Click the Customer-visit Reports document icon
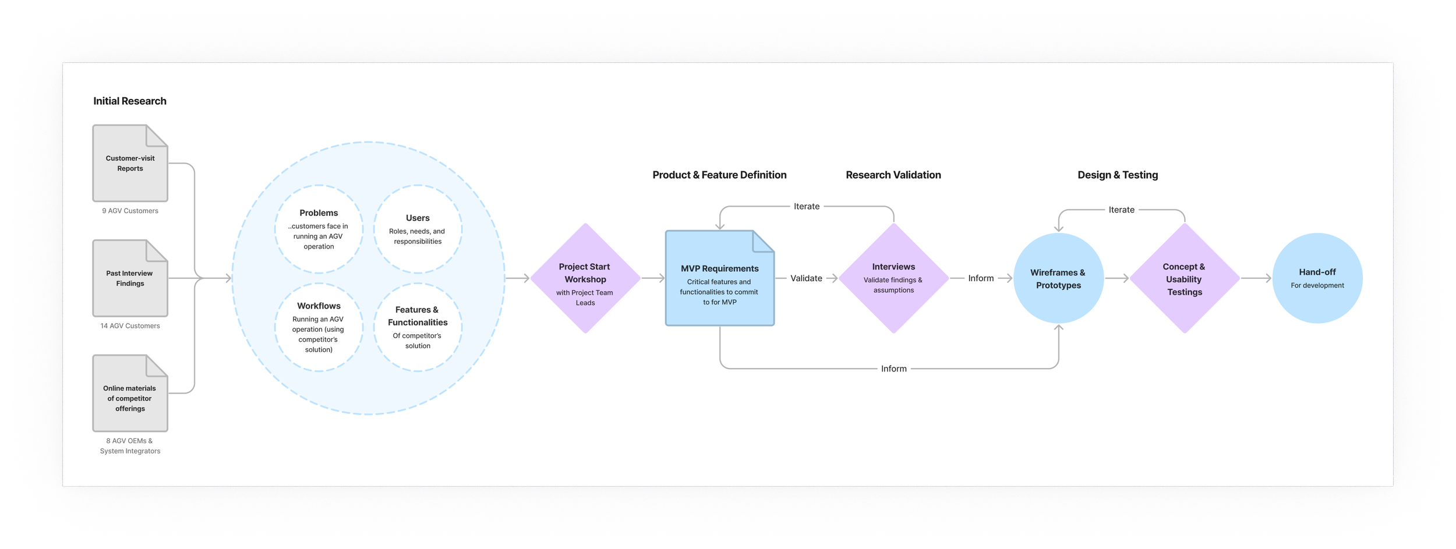130,164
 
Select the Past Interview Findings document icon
130,278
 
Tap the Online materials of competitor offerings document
130,394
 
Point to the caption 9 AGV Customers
130,211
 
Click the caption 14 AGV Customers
130,326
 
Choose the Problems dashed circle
319,229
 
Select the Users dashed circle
418,229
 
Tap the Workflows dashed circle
319,327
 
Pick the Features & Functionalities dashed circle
418,327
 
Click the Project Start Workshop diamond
585,278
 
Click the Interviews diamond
893,278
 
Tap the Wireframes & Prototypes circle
1058,278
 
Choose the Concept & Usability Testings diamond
1184,278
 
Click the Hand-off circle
1317,278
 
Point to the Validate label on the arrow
806,278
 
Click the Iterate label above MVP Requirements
807,207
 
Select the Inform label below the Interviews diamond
893,369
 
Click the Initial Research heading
130,101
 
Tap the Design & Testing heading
1118,175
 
